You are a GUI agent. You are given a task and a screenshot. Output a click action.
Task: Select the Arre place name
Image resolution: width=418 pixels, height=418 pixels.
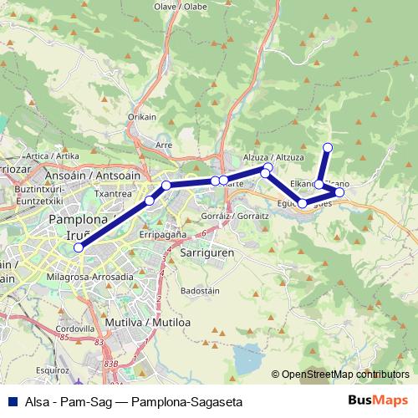[x=164, y=145]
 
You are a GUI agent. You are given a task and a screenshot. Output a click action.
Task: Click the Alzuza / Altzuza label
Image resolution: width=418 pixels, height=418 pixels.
[x=273, y=157]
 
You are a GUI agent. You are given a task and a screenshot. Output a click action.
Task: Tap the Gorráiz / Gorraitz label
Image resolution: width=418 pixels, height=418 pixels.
[x=237, y=216]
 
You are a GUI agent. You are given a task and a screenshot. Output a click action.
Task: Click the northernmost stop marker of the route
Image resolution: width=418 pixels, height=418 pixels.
[x=328, y=148]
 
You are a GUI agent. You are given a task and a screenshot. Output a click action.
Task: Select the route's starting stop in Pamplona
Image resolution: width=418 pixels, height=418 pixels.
[x=79, y=247]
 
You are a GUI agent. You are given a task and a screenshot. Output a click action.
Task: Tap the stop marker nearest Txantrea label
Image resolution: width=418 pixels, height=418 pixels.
[x=150, y=200]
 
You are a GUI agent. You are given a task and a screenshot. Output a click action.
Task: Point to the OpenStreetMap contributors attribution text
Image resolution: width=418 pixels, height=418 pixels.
[x=344, y=375]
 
